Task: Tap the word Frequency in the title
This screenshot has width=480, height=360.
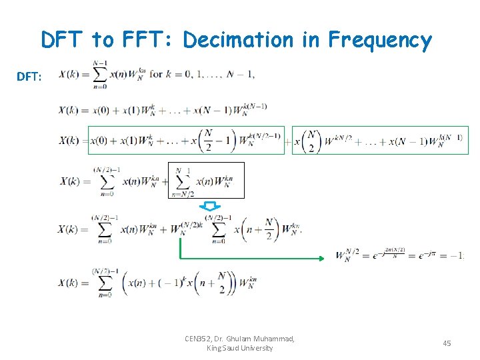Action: [x=380, y=41]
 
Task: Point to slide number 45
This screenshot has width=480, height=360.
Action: [x=447, y=343]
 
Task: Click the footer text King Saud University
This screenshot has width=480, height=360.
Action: [x=239, y=348]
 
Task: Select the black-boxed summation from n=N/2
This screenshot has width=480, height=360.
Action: [x=206, y=181]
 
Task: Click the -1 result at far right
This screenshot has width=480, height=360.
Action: [x=457, y=255]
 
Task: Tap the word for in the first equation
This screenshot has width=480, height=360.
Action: [x=156, y=73]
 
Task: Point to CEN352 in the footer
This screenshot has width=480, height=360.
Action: [x=199, y=339]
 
